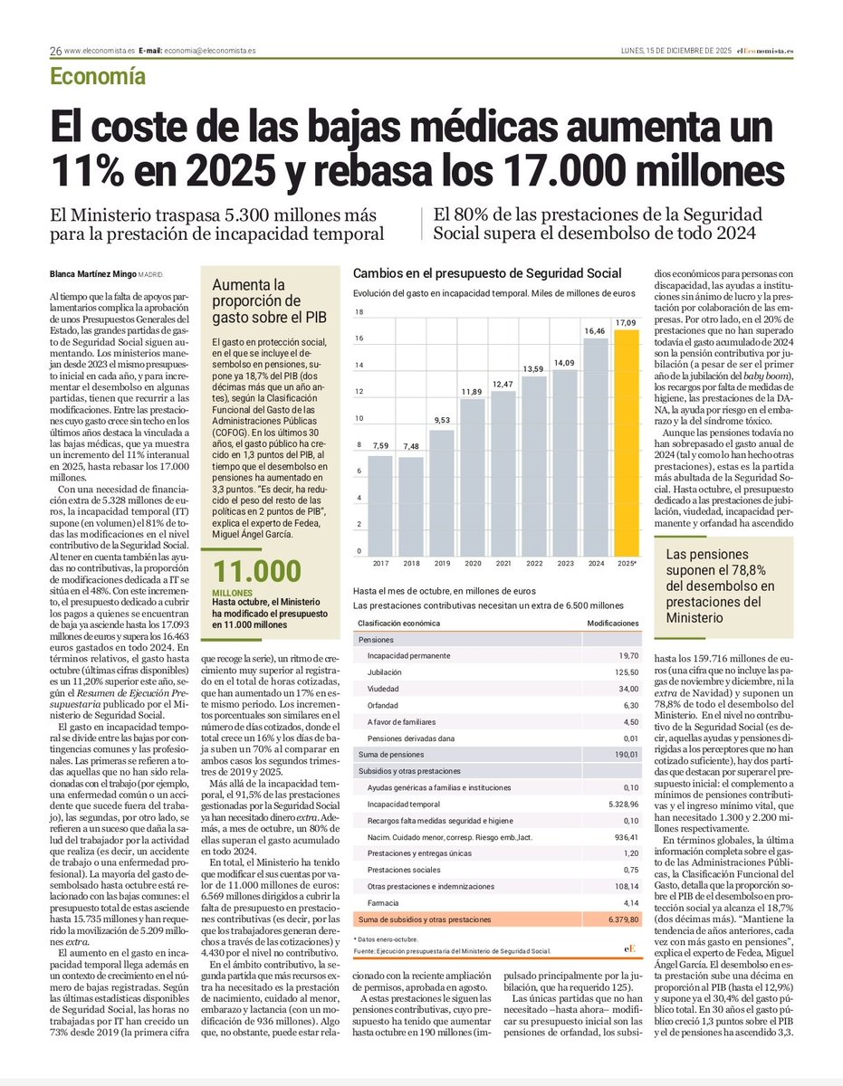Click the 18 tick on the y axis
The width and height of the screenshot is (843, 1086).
(x=359, y=312)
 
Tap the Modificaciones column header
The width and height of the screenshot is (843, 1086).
(x=612, y=624)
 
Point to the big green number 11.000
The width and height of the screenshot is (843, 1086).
(x=255, y=572)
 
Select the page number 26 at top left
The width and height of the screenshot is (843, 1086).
(x=55, y=51)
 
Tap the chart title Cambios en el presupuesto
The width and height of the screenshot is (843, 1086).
(x=487, y=273)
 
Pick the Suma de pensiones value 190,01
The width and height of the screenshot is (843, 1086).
(x=625, y=754)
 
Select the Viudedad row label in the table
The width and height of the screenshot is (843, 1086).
(x=385, y=689)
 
